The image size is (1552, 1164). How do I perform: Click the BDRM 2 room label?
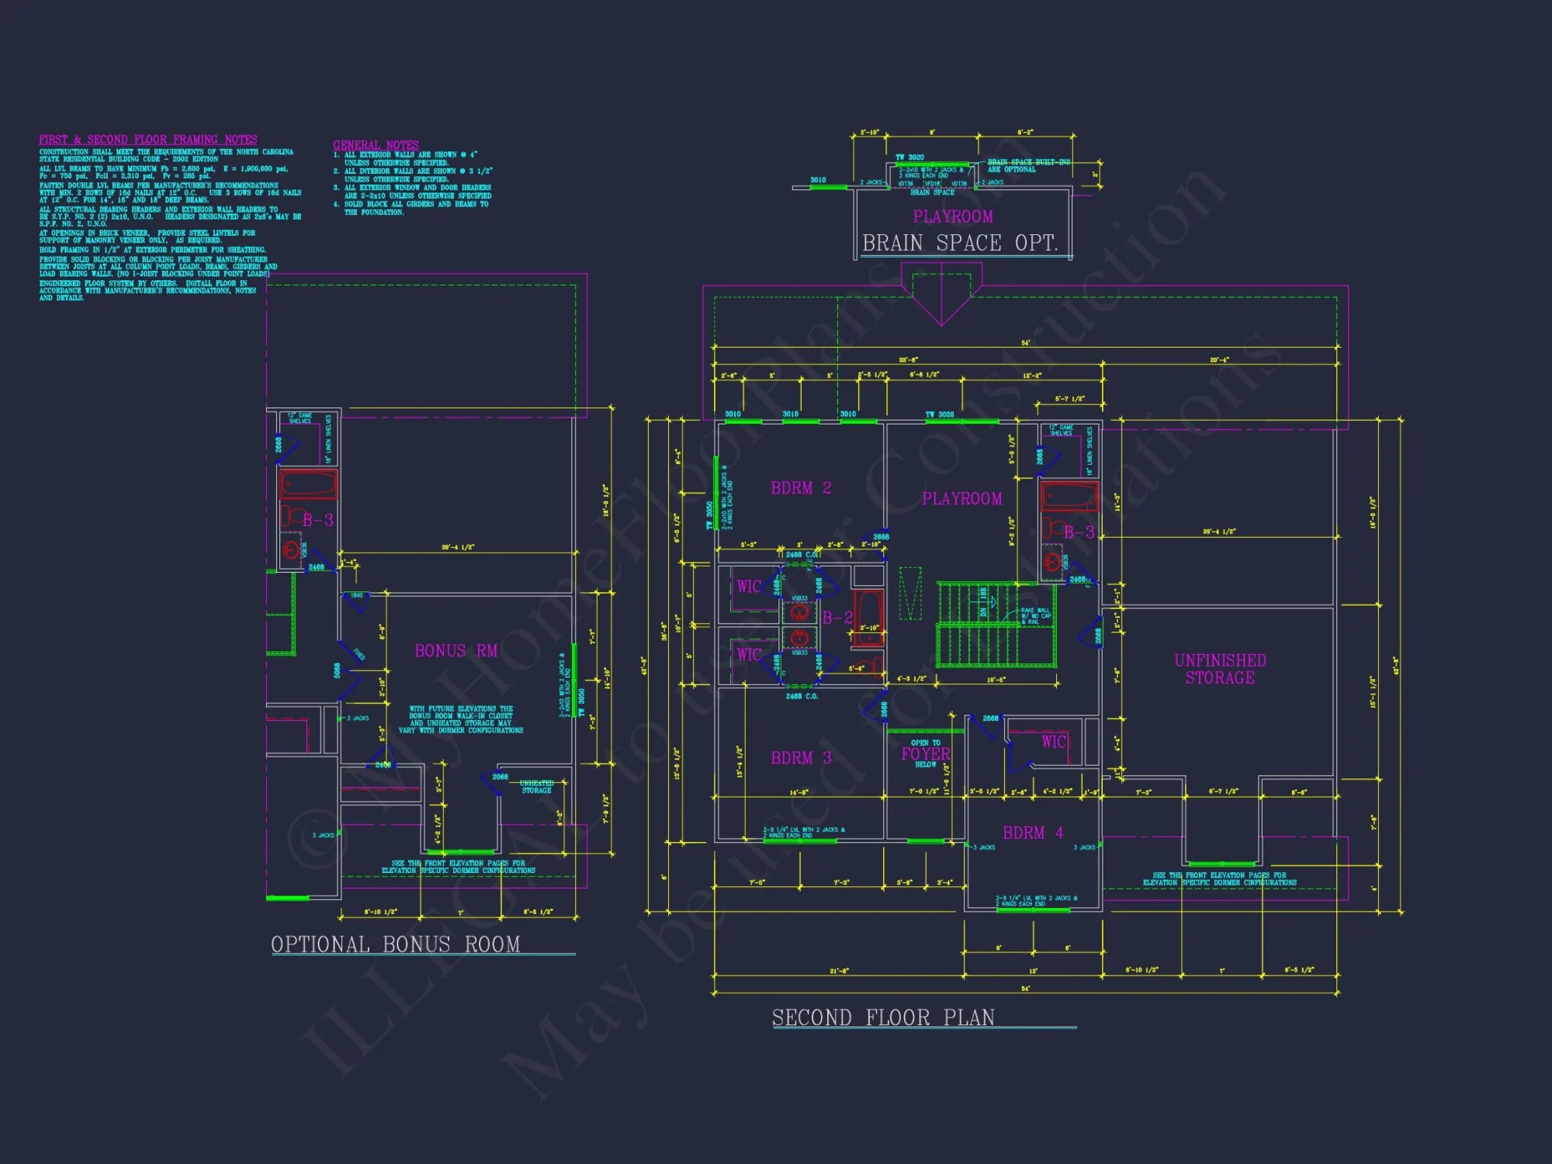[x=800, y=488]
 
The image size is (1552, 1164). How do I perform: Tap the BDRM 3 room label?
[x=800, y=758]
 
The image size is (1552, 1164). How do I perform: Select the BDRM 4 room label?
[x=1032, y=833]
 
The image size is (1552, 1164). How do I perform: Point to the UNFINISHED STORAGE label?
[x=1220, y=669]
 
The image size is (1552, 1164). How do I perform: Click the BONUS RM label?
[x=456, y=651]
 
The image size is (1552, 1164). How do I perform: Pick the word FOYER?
[x=925, y=753]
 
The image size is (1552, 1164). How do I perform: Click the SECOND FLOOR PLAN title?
[x=883, y=1017]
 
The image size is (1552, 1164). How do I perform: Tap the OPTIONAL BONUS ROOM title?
[x=396, y=944]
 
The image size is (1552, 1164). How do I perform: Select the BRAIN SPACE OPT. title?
[x=960, y=243]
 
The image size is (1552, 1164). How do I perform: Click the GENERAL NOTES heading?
[x=376, y=145]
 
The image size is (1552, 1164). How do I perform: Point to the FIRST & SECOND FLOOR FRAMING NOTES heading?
[x=147, y=140]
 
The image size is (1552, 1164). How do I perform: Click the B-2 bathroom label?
[x=837, y=618]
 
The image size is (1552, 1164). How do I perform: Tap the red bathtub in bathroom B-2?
[x=868, y=618]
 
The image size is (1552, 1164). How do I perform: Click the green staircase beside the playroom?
[x=995, y=625]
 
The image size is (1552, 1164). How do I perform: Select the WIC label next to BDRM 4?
[x=1053, y=742]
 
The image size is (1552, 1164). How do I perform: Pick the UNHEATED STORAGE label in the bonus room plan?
[x=536, y=787]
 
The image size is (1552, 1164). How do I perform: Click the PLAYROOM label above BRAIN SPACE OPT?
[x=952, y=217]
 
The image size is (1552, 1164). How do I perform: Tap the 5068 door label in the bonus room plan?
[x=337, y=670]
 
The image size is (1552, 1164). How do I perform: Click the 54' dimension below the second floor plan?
[x=1026, y=989]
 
